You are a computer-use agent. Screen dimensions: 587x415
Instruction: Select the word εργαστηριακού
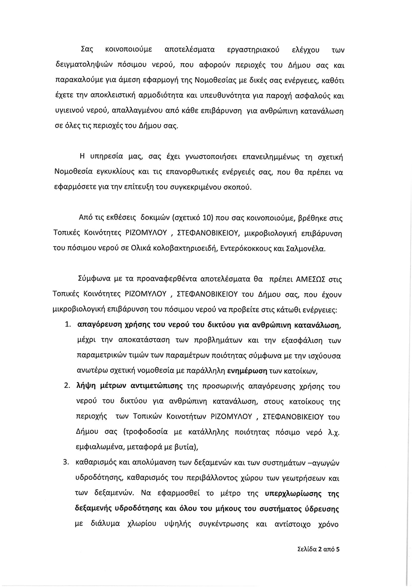click(x=251, y=50)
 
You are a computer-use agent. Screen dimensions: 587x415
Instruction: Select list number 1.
click(x=69, y=325)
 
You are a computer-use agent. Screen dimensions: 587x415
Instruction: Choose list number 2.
click(x=69, y=386)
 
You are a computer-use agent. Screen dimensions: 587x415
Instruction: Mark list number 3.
click(x=69, y=463)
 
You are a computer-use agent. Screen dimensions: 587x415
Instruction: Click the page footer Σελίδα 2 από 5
click(x=318, y=549)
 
